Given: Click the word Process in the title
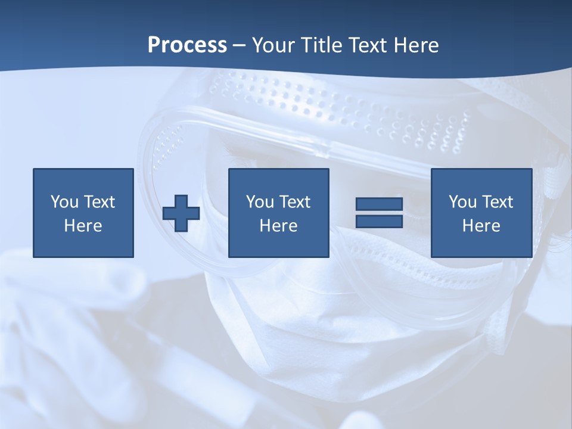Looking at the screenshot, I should coord(187,45).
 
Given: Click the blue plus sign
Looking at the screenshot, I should coord(181,213).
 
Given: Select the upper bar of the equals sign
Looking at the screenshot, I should coord(379,204).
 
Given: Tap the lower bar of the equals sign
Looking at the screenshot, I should coord(379,221).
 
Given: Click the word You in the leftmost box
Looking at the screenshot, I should coord(64,202).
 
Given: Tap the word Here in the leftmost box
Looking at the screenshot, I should coord(83,226).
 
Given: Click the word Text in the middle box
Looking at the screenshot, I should coord(294,202).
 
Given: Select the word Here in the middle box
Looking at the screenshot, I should coord(279,226).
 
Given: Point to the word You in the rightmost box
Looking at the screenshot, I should coord(462,202).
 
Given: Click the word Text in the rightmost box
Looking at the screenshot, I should coord(497,202).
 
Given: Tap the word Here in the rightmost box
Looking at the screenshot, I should coord(481,226).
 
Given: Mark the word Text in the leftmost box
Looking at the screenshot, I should coord(99,202).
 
